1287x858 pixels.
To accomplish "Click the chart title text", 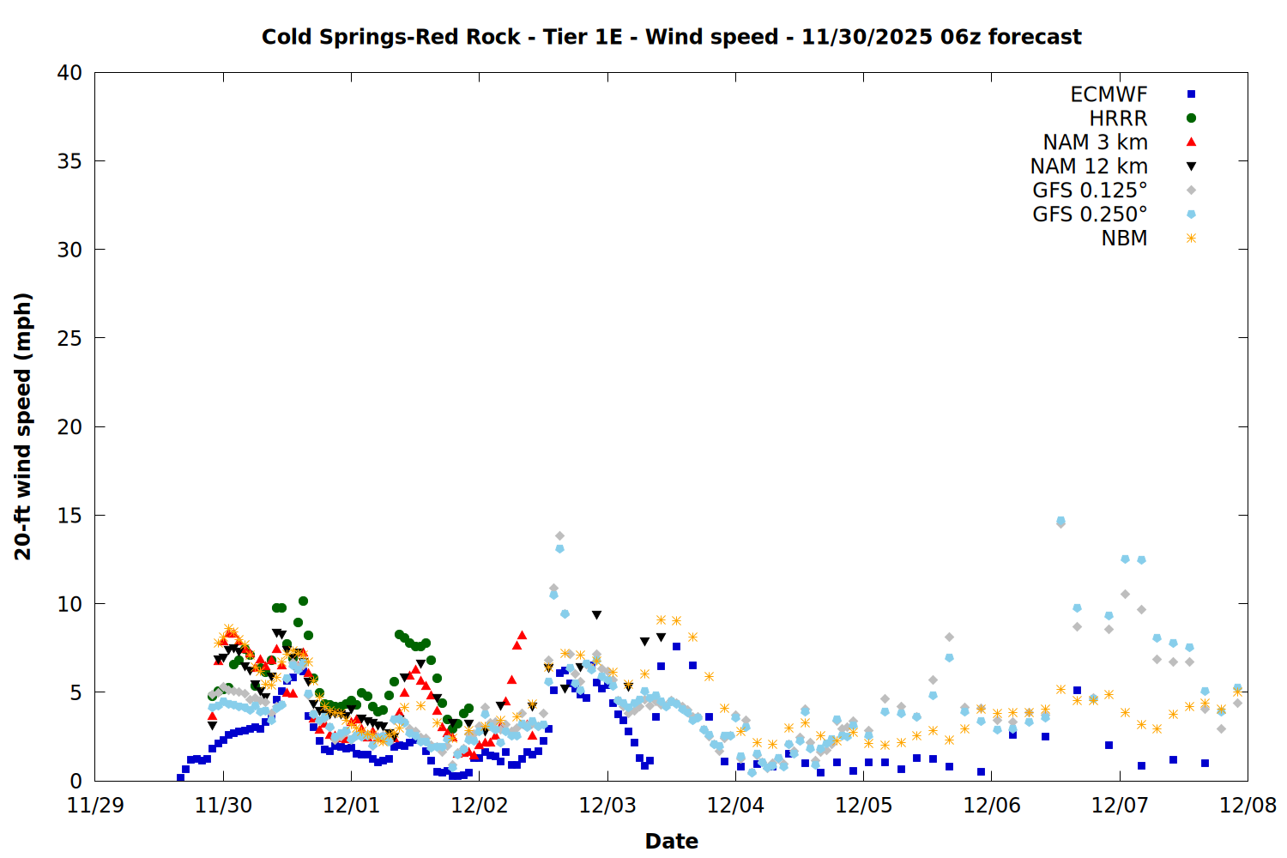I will click(671, 37).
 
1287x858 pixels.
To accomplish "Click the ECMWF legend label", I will click(1109, 94).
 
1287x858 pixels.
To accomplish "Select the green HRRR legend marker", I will click(1191, 118).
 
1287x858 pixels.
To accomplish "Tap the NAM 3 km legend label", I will click(1095, 142).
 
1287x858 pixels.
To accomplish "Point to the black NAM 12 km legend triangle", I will click(1191, 166).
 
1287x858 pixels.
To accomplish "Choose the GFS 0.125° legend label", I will click(1090, 190).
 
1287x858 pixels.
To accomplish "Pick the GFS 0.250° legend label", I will click(1090, 214).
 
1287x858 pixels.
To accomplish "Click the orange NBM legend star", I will click(1191, 239).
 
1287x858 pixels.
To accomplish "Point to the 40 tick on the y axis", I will click(69, 73).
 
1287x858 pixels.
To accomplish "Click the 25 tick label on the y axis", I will click(69, 338).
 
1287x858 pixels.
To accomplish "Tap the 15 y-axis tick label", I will click(69, 515).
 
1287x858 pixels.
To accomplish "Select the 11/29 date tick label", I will click(95, 806).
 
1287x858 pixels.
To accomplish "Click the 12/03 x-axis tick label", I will click(607, 806).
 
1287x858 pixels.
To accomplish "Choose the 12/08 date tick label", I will click(1248, 806).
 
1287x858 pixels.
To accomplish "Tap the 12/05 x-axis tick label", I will click(863, 806).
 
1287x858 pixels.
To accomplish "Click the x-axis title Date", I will click(671, 841).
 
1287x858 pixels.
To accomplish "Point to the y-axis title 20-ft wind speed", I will click(23, 426).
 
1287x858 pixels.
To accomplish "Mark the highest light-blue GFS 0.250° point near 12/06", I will click(1060, 521).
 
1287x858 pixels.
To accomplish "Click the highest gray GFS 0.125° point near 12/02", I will click(559, 536).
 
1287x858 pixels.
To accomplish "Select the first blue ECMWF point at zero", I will click(180, 777).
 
